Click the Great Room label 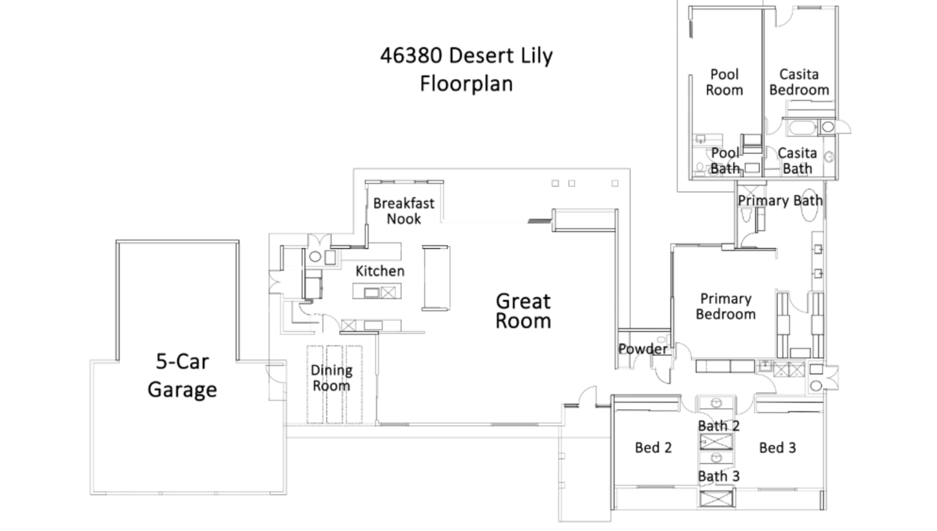click(524, 311)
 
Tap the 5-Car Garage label click(182, 375)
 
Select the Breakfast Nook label click(403, 211)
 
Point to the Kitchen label click(380, 271)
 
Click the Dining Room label click(331, 377)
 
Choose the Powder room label click(643, 349)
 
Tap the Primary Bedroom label click(726, 307)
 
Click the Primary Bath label click(780, 200)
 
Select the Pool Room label click(724, 82)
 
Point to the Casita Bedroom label click(799, 82)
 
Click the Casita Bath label click(797, 161)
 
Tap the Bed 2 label click(654, 448)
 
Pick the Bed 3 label click(778, 448)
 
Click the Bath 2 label click(719, 426)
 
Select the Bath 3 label click(719, 476)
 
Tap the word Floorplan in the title click(466, 84)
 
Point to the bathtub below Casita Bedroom click(802, 127)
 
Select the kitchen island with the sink click(377, 291)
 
